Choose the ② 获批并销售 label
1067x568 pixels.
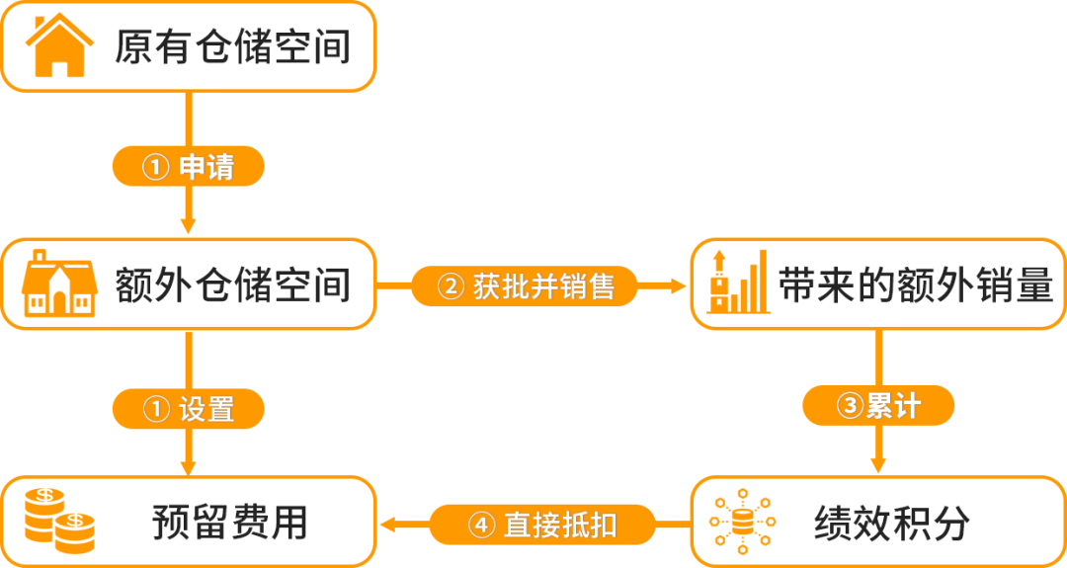tap(524, 286)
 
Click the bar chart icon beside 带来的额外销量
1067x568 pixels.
tap(739, 281)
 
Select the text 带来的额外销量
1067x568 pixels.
tap(915, 285)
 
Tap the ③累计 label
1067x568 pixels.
tap(878, 406)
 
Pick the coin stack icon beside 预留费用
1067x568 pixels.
tap(59, 521)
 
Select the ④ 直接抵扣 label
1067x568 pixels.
tap(542, 525)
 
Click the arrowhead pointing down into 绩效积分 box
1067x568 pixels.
tap(878, 464)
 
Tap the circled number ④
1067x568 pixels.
tap(480, 525)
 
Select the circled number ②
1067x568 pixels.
tap(449, 286)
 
